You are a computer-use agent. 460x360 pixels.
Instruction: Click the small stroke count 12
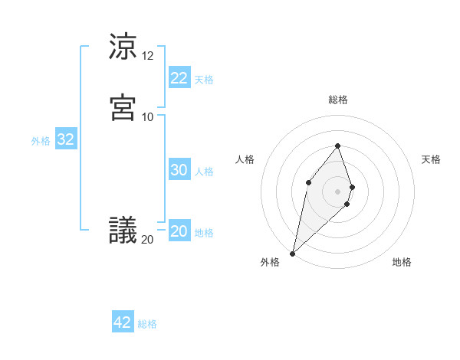coord(148,56)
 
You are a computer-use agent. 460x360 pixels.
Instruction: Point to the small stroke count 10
coord(148,116)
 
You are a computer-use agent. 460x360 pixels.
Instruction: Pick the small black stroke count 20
coord(148,240)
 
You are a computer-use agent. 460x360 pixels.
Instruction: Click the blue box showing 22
coord(179,78)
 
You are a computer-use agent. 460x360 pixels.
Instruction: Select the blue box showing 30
coord(179,171)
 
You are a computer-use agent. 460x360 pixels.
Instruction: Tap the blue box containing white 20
coord(179,232)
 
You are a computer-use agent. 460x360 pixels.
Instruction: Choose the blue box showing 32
coord(65,139)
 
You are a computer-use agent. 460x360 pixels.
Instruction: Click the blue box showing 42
coord(122,322)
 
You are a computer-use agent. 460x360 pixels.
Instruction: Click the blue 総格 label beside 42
coord(147,324)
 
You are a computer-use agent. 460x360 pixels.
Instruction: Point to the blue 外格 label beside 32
coord(41,141)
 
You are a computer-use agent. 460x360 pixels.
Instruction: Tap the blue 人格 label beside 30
coord(205,172)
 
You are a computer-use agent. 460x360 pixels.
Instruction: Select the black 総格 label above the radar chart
coord(338,100)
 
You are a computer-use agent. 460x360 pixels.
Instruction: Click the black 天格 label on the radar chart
coord(431,159)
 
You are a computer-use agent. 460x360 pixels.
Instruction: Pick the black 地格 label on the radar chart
coord(402,263)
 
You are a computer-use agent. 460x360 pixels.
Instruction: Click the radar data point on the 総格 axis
coord(338,146)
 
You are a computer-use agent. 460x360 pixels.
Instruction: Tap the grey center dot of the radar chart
coord(338,191)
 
